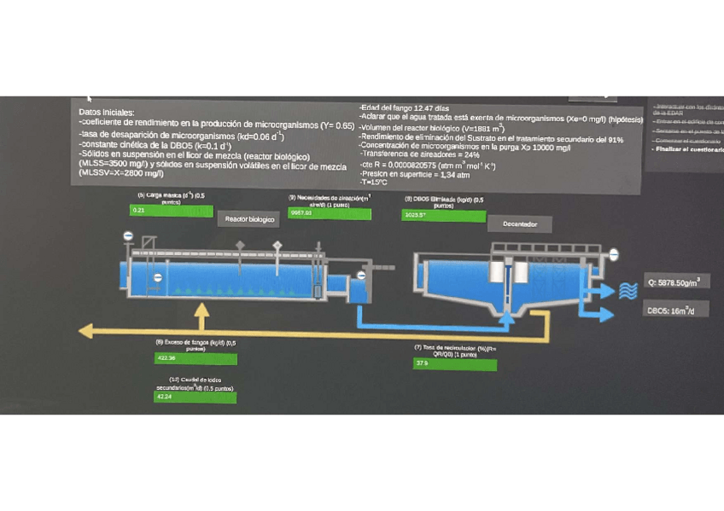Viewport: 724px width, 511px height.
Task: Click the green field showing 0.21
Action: (170, 210)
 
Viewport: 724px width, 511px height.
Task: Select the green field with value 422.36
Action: (195, 358)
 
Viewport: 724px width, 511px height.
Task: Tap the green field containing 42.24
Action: (195, 397)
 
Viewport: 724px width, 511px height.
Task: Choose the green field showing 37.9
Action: (454, 364)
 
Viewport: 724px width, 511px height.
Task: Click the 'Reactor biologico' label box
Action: (249, 219)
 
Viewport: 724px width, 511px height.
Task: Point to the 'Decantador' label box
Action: (519, 224)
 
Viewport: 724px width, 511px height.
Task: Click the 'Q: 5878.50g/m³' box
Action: (679, 282)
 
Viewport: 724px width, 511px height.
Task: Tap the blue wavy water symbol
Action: (628, 290)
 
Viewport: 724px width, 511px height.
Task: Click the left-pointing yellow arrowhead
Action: (85, 331)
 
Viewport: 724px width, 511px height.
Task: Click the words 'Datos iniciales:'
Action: (106, 112)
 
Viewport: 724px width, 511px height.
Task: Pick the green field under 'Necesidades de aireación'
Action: (330, 213)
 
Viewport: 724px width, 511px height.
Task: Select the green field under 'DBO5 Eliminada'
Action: (443, 215)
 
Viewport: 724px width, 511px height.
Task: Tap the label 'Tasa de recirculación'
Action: (454, 350)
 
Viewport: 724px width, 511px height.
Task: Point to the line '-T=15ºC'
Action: (374, 182)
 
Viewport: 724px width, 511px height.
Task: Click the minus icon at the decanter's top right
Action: (613, 254)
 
